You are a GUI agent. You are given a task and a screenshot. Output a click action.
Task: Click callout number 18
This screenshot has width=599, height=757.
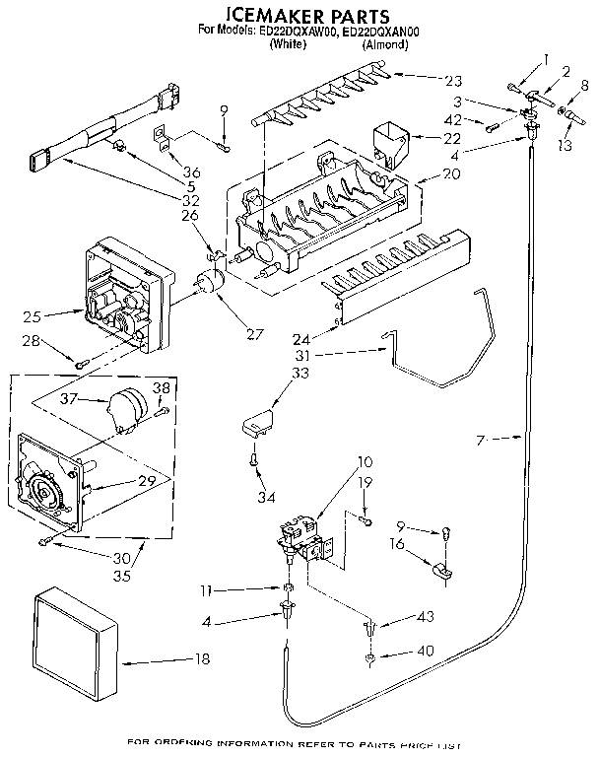[201, 659]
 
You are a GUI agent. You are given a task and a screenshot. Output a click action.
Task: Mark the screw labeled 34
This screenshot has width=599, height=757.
[253, 458]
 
